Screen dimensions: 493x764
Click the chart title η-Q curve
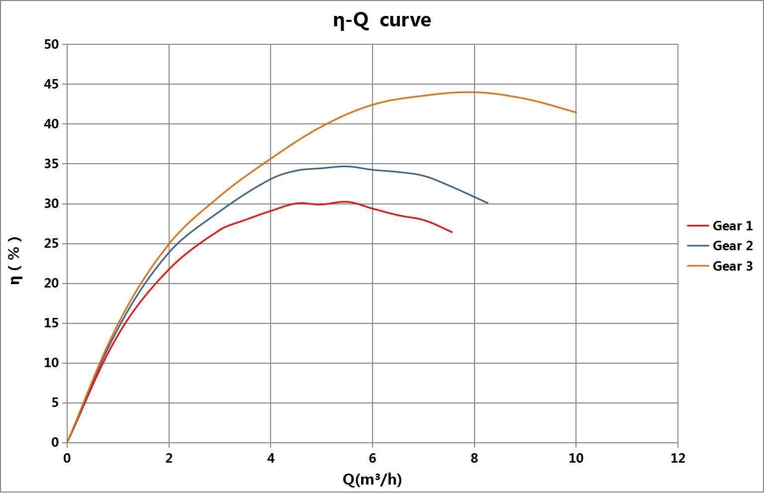(382, 21)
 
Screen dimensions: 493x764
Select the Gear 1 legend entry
(732, 226)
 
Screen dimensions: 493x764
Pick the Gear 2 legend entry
(732, 246)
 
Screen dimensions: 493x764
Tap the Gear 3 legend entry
(732, 266)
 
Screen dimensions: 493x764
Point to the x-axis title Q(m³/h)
(372, 479)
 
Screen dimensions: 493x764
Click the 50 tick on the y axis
(52, 44)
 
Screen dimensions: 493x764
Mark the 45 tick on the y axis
(52, 84)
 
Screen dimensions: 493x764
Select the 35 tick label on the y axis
(52, 164)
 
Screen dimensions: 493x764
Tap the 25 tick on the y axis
(52, 244)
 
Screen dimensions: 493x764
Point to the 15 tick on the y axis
(52, 323)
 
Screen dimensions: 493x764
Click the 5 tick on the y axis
(55, 403)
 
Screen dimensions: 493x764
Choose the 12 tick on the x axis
(677, 458)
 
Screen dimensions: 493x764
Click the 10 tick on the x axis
(576, 458)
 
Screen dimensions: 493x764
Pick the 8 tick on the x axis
(474, 458)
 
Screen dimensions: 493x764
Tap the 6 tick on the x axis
(373, 458)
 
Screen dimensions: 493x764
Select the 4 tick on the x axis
(271, 458)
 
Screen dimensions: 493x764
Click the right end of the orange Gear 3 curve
(576, 112)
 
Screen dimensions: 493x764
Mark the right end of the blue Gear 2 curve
(488, 203)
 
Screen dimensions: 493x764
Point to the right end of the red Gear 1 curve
(452, 232)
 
